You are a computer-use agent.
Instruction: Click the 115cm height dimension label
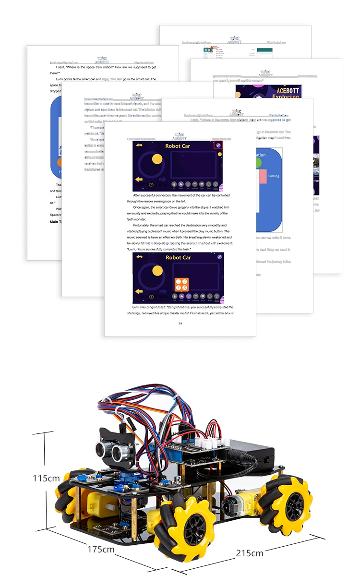pyautogui.click(x=46, y=478)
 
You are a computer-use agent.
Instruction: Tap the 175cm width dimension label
pyautogui.click(x=101, y=549)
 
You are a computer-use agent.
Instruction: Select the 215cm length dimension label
pyautogui.click(x=250, y=552)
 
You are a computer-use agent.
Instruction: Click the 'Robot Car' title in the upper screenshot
pyautogui.click(x=178, y=146)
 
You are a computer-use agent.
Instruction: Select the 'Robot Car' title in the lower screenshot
pyautogui.click(x=178, y=258)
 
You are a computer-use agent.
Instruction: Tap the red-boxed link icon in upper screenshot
pyautogui.click(x=218, y=145)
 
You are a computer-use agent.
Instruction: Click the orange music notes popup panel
pyautogui.click(x=181, y=285)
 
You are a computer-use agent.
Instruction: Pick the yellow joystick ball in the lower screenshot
pyautogui.click(x=157, y=271)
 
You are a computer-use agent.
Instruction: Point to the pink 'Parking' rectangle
pyautogui.click(x=263, y=176)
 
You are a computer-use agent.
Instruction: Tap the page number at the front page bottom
pyautogui.click(x=180, y=323)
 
